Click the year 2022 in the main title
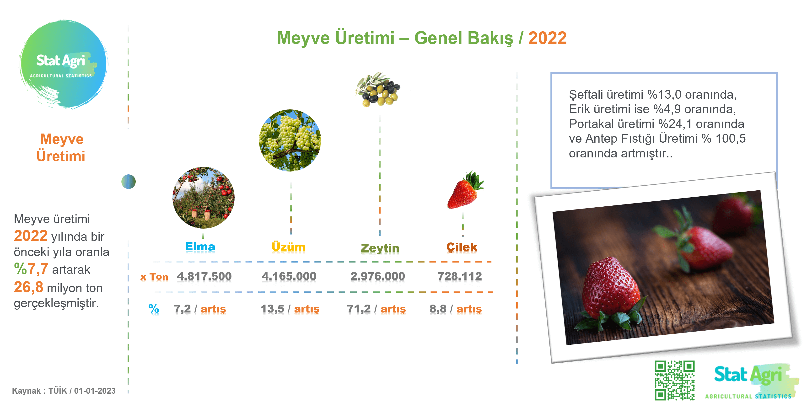point(547,38)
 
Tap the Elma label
point(200,247)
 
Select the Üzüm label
point(288,247)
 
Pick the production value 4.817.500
point(204,276)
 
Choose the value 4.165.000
point(289,276)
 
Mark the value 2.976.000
point(377,276)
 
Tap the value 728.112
point(460,276)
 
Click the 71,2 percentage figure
point(359,309)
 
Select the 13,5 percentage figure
point(272,309)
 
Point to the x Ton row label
point(154,277)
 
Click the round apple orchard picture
point(203,198)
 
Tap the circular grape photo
point(290,140)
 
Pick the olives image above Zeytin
point(378,89)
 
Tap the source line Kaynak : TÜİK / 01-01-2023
point(64,391)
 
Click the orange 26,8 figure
point(28,287)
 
